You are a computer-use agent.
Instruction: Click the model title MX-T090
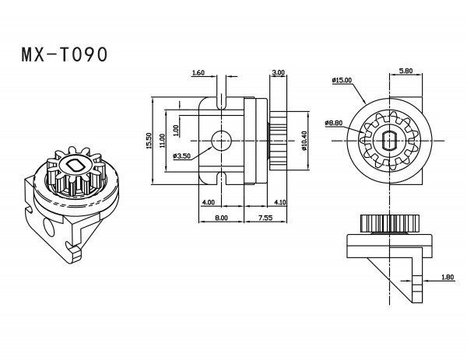click(65, 54)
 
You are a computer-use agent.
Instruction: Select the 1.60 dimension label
click(198, 72)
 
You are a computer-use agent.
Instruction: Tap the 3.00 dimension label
click(279, 72)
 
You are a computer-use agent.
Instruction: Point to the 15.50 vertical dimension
click(149, 141)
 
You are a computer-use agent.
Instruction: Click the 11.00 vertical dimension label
click(162, 141)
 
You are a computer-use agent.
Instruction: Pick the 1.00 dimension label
click(176, 131)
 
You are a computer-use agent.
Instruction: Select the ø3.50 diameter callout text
click(181, 156)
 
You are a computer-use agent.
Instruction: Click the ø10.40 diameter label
click(304, 141)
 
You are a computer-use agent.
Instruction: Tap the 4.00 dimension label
click(208, 202)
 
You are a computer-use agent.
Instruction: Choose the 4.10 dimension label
click(280, 202)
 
